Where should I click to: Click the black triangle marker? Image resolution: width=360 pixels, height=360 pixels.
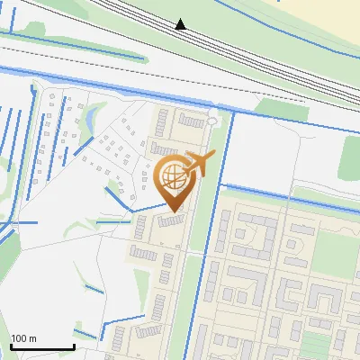coord(181,24)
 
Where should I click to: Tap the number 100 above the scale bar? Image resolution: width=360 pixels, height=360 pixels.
coord(19,338)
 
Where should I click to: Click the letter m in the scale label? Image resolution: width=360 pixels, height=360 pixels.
coord(32,338)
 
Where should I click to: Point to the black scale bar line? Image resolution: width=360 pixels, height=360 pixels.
coord(42,346)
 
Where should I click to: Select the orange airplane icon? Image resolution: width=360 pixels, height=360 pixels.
coord(202,165)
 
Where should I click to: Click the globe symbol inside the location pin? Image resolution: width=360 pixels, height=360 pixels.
coord(172,176)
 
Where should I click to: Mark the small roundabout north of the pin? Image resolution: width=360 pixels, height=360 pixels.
coord(212,119)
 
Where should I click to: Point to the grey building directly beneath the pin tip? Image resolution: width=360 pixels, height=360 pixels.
coord(170,220)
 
